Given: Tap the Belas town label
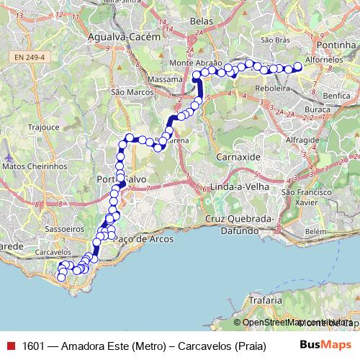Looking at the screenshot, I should point(201,22).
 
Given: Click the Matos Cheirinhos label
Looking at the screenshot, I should point(35,166).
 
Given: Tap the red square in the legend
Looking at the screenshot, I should point(9,345).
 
